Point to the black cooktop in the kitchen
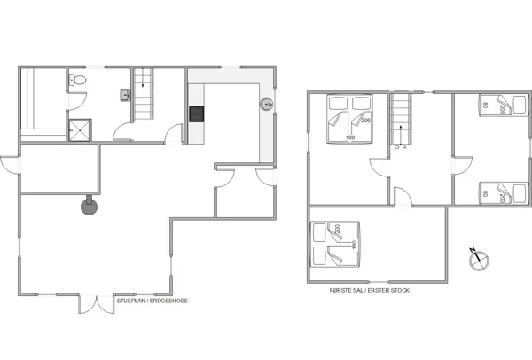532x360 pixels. [x=196, y=113]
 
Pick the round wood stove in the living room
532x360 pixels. [x=89, y=207]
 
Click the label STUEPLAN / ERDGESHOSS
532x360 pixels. [x=152, y=301]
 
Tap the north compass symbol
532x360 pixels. [x=479, y=260]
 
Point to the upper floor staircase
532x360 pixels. [x=403, y=119]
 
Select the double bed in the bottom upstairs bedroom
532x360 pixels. [x=327, y=245]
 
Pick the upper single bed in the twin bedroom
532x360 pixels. [x=496, y=105]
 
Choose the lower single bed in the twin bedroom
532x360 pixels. [x=496, y=192]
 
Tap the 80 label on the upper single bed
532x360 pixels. [x=486, y=106]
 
